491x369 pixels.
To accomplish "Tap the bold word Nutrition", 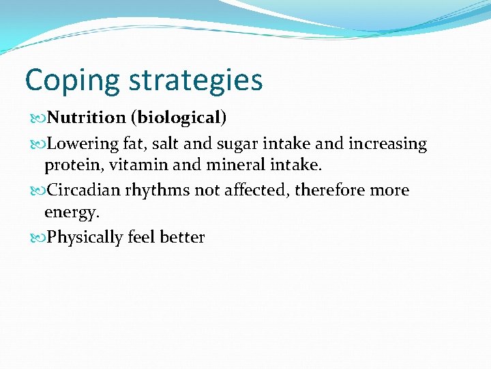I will (87, 118).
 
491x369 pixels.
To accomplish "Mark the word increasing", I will (388, 144).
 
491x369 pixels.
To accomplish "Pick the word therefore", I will (329, 190).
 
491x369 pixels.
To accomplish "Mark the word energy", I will (72, 213).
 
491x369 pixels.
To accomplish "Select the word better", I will (182, 237).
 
